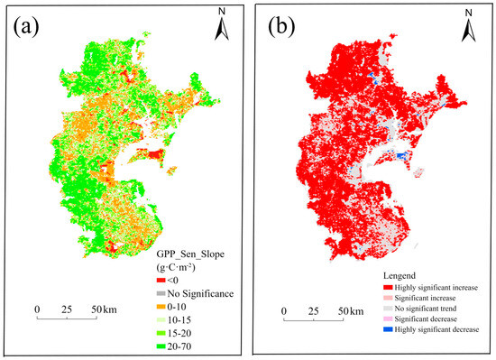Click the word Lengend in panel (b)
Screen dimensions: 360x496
point(397,274)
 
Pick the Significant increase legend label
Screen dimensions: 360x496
point(429,298)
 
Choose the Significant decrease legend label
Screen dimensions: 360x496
point(430,320)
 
